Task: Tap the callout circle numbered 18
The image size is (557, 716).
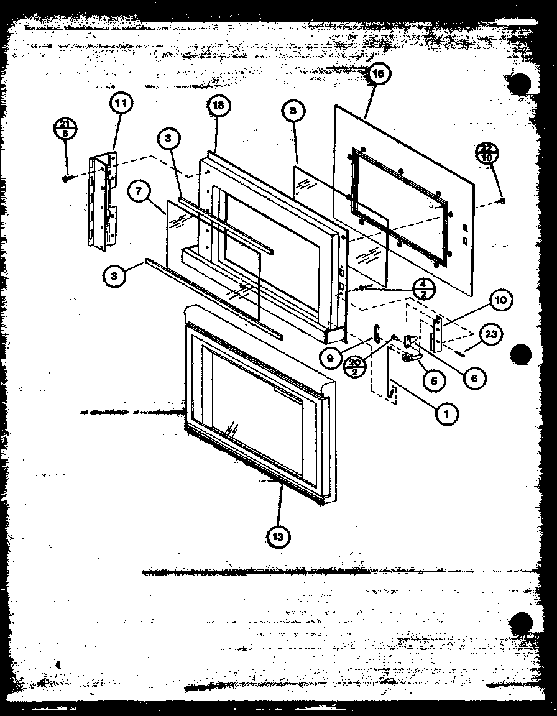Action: [218, 106]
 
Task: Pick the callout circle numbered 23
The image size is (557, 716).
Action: [491, 334]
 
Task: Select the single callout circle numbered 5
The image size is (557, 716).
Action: [433, 380]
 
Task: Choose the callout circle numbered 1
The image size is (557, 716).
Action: [448, 413]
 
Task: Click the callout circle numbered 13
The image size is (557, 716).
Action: [277, 536]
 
